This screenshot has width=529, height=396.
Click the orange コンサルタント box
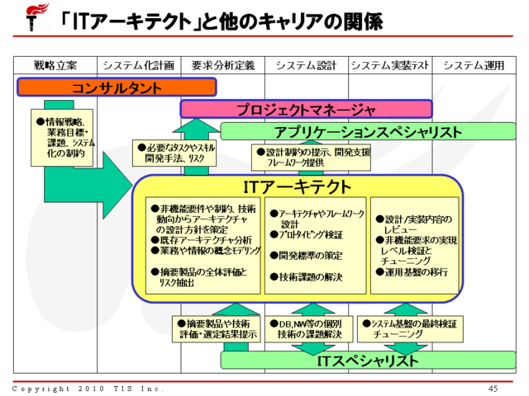[x=116, y=87]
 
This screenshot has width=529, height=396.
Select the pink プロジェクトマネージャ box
[x=307, y=108]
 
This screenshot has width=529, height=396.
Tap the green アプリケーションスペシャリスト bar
[x=368, y=131]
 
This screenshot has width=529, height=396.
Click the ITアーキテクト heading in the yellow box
[x=298, y=186]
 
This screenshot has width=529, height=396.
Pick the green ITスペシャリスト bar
[x=368, y=361]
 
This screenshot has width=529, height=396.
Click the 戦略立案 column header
[x=55, y=65]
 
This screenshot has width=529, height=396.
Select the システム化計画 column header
[x=138, y=65]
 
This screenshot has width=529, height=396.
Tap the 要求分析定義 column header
[x=222, y=65]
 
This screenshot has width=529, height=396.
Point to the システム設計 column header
[x=306, y=65]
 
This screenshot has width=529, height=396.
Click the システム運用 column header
[x=474, y=65]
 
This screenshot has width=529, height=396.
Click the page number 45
[x=493, y=388]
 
